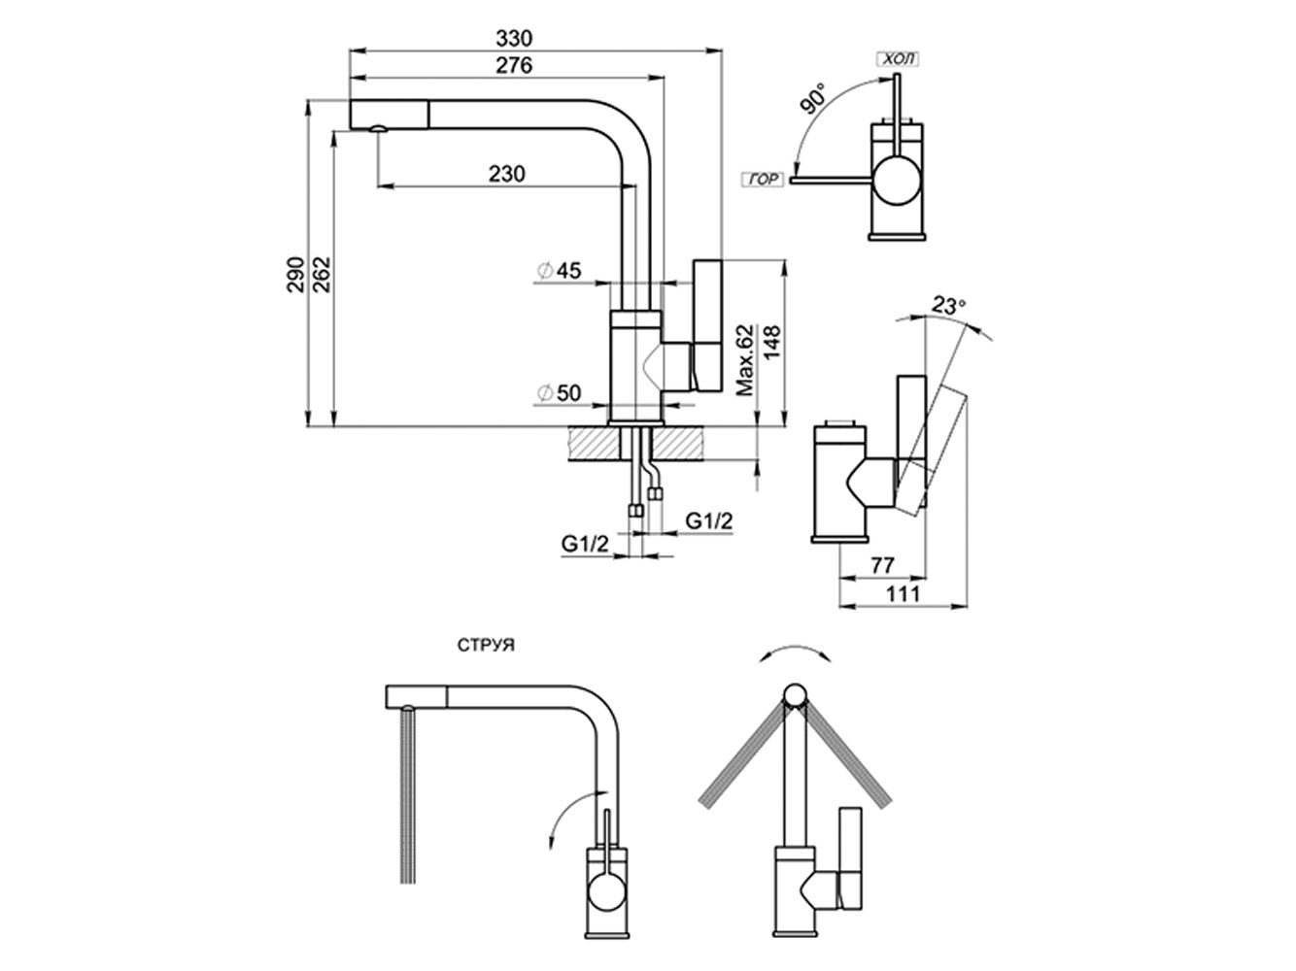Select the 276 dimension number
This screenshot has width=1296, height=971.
515,66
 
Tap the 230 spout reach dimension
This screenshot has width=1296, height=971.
506,174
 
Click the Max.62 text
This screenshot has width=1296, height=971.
745,360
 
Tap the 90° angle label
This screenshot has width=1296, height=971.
814,100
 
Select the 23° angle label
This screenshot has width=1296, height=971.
949,304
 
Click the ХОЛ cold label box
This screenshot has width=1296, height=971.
898,60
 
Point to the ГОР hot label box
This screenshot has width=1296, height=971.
763,181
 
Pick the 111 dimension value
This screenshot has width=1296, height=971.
904,592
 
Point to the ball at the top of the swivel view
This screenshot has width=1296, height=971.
795,696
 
